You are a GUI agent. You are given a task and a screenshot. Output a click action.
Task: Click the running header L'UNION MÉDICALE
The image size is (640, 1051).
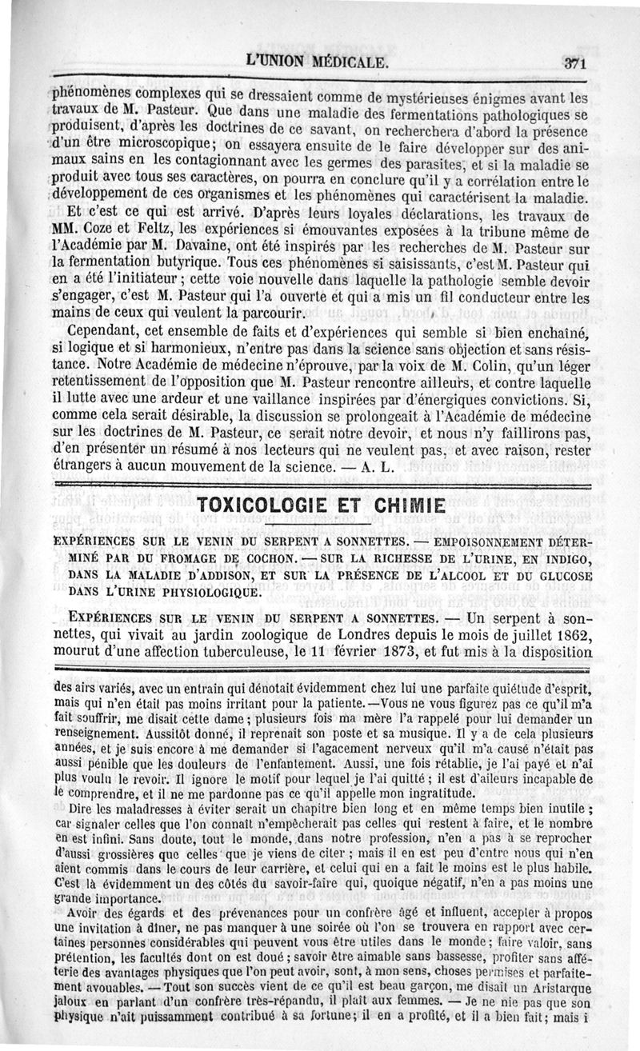pyautogui.click(x=318, y=62)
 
